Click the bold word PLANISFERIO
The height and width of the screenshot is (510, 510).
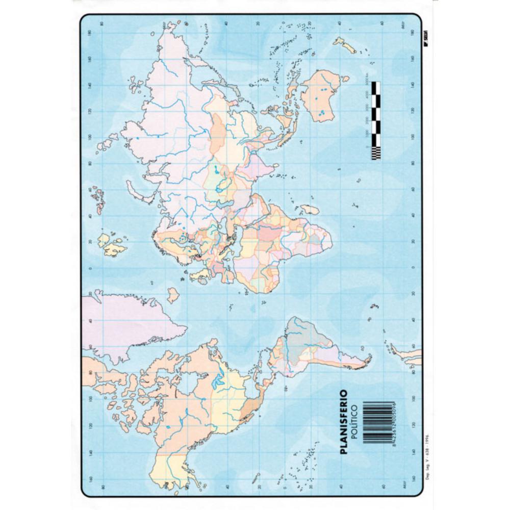point(344,421)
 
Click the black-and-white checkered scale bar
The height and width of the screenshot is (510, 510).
point(376,120)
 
